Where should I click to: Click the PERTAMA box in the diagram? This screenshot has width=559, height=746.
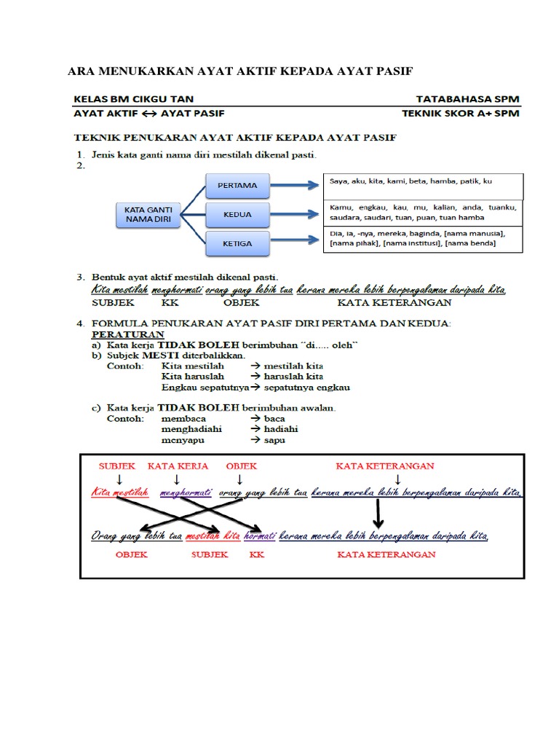(x=237, y=185)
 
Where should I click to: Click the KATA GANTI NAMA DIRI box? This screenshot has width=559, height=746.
(x=148, y=214)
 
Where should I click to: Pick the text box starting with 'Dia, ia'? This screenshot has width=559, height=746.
(x=422, y=238)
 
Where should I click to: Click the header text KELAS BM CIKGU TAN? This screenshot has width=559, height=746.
(x=133, y=98)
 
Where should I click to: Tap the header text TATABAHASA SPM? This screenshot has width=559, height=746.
(x=467, y=98)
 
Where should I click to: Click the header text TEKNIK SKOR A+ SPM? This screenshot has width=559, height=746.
(x=461, y=114)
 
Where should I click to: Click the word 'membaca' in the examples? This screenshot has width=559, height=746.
(x=183, y=419)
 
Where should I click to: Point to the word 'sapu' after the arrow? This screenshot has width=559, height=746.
(x=274, y=440)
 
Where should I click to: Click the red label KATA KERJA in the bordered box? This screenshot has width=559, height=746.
(x=178, y=466)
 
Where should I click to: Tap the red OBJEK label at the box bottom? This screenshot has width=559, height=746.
(x=131, y=554)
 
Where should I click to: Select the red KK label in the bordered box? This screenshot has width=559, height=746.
(x=256, y=554)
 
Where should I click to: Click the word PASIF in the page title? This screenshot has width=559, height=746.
(x=390, y=71)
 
